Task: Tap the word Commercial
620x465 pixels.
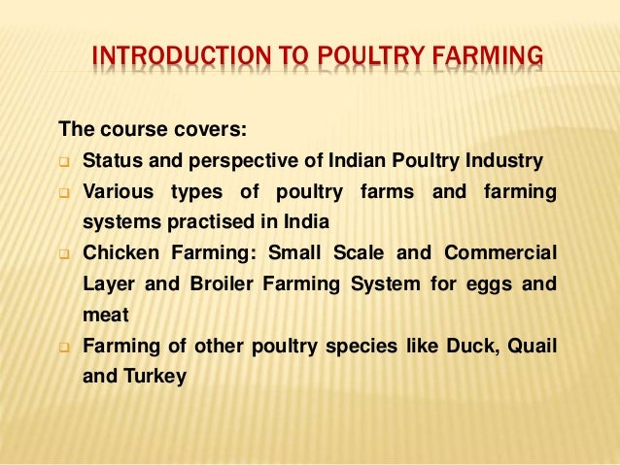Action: click(x=499, y=253)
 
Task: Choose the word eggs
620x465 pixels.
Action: click(x=486, y=284)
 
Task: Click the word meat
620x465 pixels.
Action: click(x=104, y=315)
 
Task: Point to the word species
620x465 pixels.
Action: click(x=358, y=346)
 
